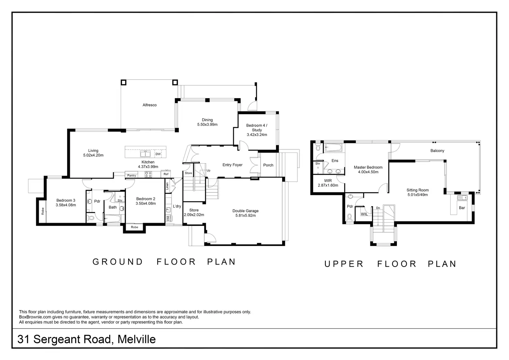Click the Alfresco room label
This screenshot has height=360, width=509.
coord(150,105)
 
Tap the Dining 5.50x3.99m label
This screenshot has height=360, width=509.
coord(207,122)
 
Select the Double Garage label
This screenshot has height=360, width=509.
coord(246,213)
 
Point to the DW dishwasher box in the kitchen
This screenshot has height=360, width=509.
coord(158,154)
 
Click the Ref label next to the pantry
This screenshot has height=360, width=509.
coord(166,174)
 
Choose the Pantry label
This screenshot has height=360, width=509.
coord(131,176)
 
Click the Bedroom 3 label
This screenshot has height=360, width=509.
coord(66,203)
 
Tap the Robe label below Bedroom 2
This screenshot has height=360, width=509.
coord(135,227)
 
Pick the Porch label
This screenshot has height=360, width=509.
coord(268,165)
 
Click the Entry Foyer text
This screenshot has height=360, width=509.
coord(232,165)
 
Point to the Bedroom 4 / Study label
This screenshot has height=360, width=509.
coord(257,130)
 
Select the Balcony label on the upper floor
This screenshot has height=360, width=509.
coord(437,151)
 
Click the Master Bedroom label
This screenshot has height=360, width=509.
coord(368,169)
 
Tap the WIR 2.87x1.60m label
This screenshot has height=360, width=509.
coord(328,183)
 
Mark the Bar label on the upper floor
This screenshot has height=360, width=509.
coord(462,208)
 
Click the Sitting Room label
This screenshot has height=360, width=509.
coord(417,192)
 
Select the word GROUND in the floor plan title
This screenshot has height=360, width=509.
coord(118,262)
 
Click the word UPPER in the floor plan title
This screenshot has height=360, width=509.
coord(344,264)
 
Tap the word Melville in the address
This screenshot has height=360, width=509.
coord(137,339)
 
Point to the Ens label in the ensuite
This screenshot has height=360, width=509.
coord(335,161)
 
